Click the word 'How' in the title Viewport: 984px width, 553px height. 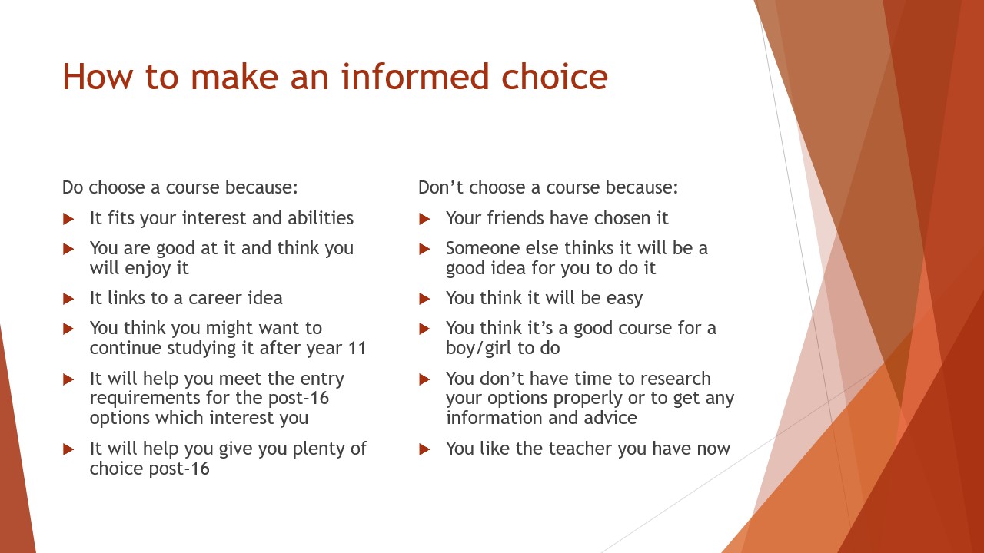pos(98,77)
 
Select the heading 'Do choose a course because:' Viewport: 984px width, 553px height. pos(180,187)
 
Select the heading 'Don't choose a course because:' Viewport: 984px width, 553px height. pos(548,187)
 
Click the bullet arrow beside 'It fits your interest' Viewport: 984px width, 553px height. pos(68,219)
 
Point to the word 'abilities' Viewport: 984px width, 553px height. pos(321,217)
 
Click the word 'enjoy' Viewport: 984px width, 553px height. pos(148,269)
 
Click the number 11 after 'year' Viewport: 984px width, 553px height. pos(357,349)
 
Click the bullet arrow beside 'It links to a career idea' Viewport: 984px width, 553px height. pos(68,299)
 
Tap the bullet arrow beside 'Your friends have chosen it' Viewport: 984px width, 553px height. pos(424,219)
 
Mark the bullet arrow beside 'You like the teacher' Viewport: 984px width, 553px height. pos(424,449)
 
